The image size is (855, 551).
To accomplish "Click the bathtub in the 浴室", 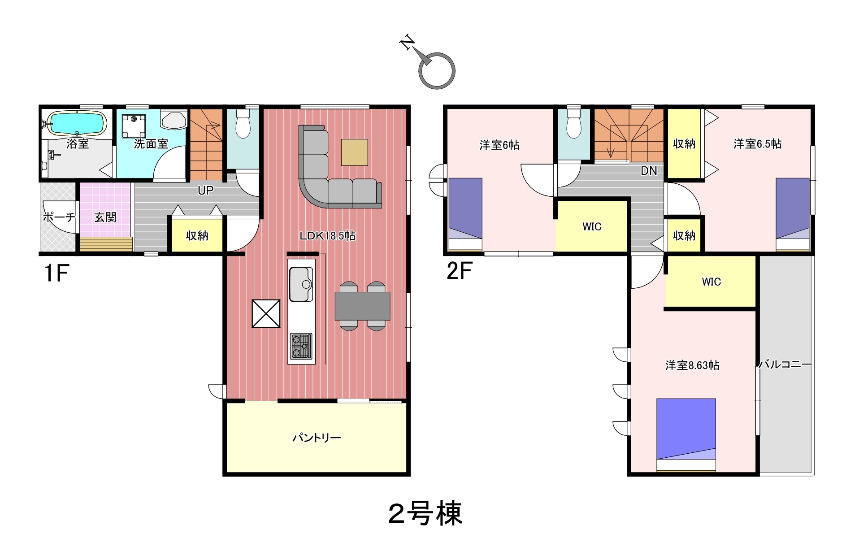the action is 77,123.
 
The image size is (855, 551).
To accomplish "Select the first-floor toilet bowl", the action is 243,124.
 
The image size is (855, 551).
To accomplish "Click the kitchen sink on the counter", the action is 301,284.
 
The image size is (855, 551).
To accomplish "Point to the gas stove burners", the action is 301,346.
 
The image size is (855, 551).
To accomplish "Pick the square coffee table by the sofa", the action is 354,152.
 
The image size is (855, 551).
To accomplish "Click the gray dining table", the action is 362,306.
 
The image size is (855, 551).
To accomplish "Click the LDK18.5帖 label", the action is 327,236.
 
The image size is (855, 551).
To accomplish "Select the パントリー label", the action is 317,438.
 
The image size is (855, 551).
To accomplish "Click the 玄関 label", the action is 105,217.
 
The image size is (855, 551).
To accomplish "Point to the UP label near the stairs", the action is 205,190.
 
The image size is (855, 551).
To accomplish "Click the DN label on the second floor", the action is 649,171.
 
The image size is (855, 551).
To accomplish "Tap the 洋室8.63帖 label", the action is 692,365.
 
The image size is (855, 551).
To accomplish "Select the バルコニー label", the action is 785,364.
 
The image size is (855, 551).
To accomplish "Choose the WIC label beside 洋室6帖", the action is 592,226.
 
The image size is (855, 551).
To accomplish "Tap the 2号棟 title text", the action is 425,514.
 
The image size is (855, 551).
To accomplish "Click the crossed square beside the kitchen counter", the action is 266,314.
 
